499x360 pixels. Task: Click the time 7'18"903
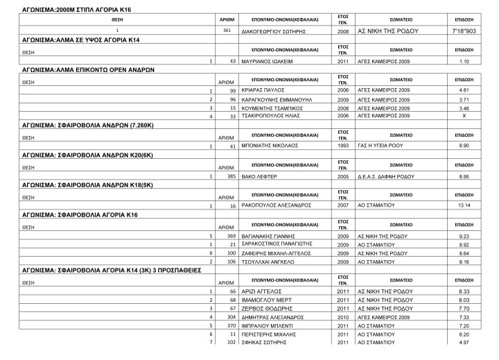pyautogui.click(x=464, y=32)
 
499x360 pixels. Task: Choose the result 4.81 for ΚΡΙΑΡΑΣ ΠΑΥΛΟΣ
pyautogui.click(x=464, y=90)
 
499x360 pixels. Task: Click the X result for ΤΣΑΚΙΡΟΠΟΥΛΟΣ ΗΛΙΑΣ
pyautogui.click(x=464, y=116)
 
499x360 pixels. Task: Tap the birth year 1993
pyautogui.click(x=342, y=146)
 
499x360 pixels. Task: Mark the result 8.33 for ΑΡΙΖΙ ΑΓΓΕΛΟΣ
pyautogui.click(x=464, y=291)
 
